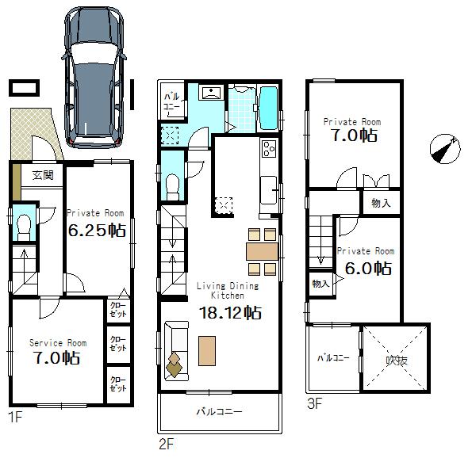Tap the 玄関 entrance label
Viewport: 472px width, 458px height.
pos(43,175)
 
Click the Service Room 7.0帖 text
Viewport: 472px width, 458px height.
pos(57,357)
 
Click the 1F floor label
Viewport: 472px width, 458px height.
pos(15,416)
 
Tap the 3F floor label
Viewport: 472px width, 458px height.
pos(315,403)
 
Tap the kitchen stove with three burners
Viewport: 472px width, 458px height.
pos(268,148)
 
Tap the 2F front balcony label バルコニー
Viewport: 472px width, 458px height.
pos(220,412)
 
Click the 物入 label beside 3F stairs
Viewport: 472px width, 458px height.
pos(320,284)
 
